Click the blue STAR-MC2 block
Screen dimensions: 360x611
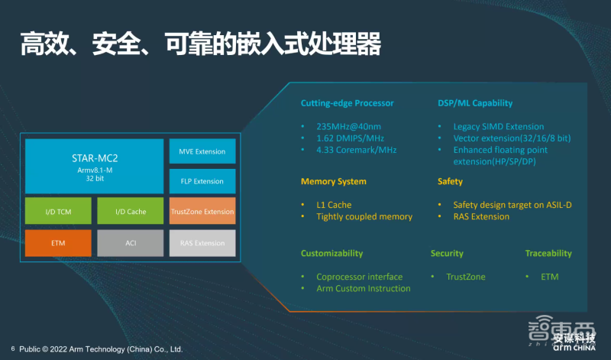coord(95,166)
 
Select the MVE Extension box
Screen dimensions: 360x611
coord(202,151)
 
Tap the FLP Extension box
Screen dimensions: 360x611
coord(202,181)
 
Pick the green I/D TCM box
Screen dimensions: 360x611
coord(58,211)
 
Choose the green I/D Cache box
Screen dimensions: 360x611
coord(131,211)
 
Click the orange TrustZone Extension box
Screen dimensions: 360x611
coord(202,211)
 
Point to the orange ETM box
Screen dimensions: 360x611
coord(58,242)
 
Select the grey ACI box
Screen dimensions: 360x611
coord(131,242)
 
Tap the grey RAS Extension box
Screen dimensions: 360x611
coord(202,242)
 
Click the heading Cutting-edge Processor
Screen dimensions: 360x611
coord(347,103)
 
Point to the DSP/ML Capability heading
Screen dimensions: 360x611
coord(475,103)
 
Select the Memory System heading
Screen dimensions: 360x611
coord(334,182)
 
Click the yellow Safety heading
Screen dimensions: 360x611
coord(450,182)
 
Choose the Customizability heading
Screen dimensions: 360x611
coord(331,253)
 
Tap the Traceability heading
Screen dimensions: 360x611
coord(548,253)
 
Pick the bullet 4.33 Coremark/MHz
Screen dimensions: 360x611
coord(357,150)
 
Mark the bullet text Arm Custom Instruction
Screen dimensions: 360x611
coord(363,288)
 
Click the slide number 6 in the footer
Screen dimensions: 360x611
coord(12,349)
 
